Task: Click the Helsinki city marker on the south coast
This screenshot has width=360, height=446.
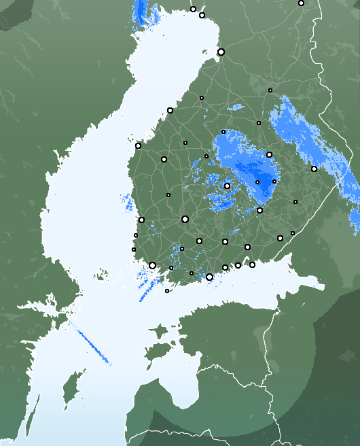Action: [209, 277]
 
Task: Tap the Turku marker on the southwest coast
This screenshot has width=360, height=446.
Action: [152, 265]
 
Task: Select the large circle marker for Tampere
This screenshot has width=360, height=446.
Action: [185, 219]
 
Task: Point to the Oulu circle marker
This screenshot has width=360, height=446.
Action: [221, 52]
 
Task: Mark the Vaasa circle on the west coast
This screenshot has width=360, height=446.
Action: [138, 145]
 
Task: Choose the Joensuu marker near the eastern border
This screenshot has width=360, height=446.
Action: [314, 169]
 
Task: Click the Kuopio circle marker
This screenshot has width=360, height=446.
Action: [269, 154]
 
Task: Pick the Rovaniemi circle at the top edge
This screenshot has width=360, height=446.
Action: [301, 3]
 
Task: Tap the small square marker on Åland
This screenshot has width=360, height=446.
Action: [167, 291]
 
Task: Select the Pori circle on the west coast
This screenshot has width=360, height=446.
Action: [141, 220]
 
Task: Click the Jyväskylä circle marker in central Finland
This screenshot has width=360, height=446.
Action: [227, 186]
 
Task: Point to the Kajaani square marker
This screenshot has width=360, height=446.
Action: [270, 90]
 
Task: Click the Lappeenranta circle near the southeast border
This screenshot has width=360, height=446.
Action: [280, 238]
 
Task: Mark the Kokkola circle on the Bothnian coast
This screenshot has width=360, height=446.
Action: [170, 110]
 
